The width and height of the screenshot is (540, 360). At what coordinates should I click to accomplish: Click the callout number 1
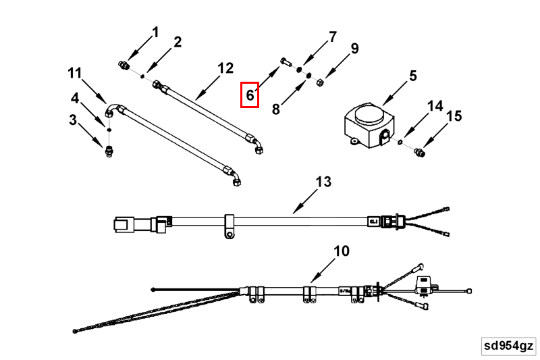click(x=156, y=32)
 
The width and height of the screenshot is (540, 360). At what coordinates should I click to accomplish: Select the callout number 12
click(x=225, y=68)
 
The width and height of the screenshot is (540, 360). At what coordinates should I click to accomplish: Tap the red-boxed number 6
click(x=250, y=95)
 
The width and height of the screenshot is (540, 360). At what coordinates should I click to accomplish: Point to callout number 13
click(x=324, y=182)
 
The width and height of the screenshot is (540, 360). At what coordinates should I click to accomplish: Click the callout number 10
click(x=342, y=251)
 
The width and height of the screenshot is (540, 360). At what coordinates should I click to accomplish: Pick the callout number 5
click(x=413, y=76)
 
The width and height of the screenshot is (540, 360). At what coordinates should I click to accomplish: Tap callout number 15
click(x=454, y=116)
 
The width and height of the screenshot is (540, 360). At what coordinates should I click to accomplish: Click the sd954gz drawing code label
click(x=508, y=346)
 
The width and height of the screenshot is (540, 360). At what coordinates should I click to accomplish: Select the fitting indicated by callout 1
click(x=124, y=66)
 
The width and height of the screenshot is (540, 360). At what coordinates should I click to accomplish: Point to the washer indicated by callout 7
click(x=300, y=70)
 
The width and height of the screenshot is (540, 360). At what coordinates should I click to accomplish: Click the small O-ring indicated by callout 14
click(x=401, y=143)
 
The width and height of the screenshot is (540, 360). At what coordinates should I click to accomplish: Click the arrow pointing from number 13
click(x=303, y=200)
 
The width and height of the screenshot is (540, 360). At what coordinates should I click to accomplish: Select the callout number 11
click(x=74, y=73)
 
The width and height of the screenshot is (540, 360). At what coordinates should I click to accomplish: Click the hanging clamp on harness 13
click(x=230, y=227)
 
